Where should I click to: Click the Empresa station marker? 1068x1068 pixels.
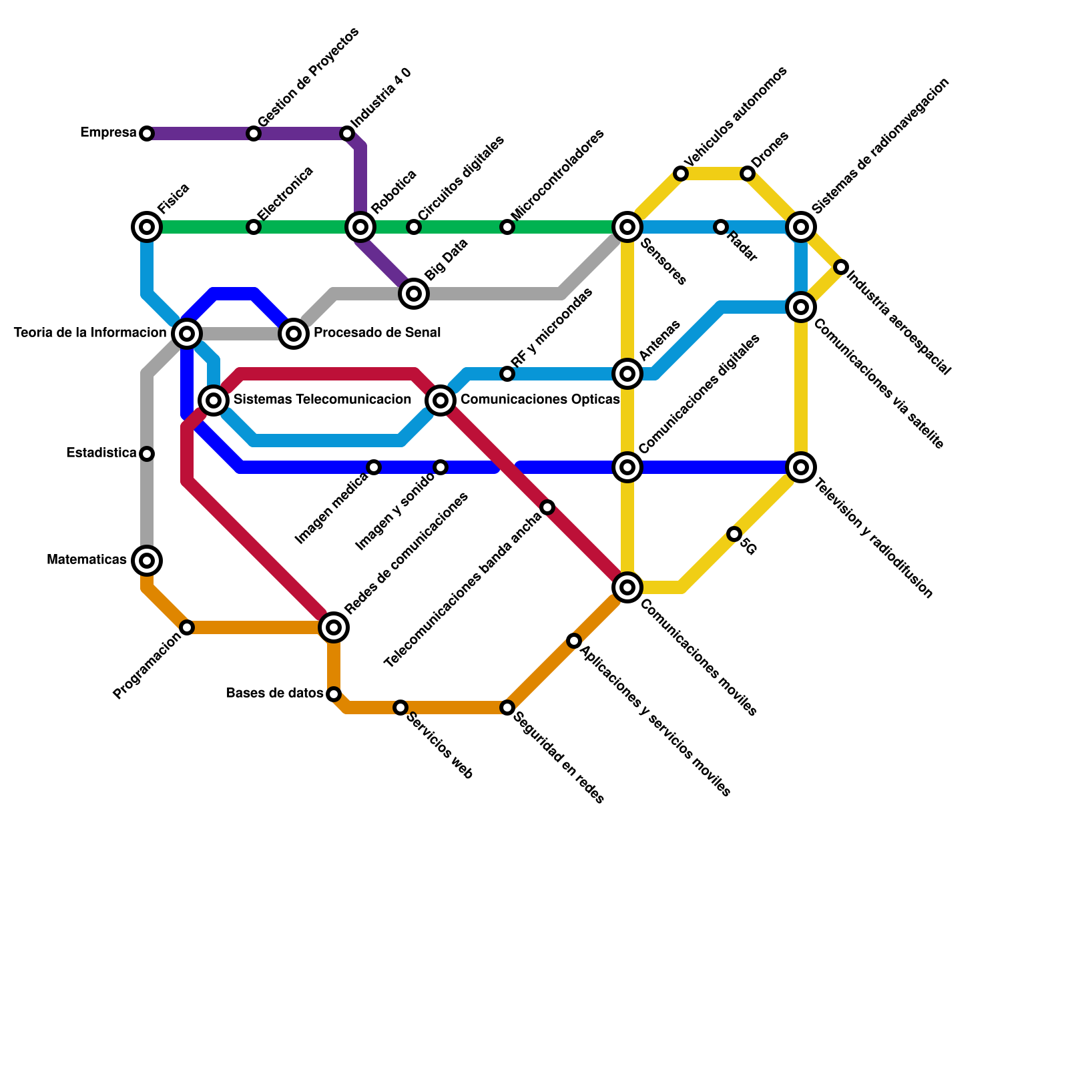click(147, 133)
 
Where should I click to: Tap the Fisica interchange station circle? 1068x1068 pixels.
click(147, 227)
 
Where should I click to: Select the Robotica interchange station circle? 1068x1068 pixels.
click(360, 227)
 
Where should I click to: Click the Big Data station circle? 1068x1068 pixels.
click(414, 293)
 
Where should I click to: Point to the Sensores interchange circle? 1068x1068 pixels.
click(627, 227)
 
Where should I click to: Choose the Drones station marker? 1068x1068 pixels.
click(748, 174)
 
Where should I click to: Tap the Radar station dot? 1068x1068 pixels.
click(720, 227)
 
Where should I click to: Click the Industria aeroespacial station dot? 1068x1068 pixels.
click(841, 267)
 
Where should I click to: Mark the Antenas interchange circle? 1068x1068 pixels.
click(627, 374)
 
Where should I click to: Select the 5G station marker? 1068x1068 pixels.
click(734, 534)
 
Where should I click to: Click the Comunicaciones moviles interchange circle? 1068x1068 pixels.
click(627, 587)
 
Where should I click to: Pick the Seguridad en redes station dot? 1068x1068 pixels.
click(507, 708)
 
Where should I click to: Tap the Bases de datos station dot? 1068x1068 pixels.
click(334, 694)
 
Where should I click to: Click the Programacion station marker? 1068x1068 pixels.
click(187, 627)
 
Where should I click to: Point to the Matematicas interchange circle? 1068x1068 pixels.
click(147, 560)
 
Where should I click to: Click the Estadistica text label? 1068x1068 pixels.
click(101, 453)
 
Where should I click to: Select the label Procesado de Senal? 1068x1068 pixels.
click(377, 332)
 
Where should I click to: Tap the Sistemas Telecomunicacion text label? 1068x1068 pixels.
click(322, 400)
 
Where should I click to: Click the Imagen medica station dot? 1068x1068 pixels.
click(374, 467)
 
